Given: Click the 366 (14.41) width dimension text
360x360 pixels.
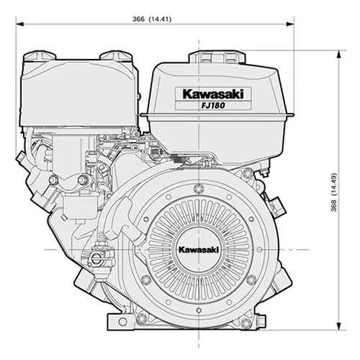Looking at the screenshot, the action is pos(152,19).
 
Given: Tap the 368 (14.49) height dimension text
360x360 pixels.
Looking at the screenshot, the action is pos(334,192).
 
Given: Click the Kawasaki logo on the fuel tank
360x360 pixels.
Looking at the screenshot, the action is pos(213,94).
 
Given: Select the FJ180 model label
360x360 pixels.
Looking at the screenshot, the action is pos(213,106).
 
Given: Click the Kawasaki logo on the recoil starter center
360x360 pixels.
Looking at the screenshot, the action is pos(199,250).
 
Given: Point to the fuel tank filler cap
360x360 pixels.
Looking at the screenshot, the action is pos(217,58).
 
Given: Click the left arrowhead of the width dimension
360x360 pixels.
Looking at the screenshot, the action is pos(19,24).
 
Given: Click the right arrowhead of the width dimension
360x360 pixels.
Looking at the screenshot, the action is pos(290,24).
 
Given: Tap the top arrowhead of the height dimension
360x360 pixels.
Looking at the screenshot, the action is pos(338,54).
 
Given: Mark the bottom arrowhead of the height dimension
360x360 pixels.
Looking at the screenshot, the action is pos(338,326).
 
